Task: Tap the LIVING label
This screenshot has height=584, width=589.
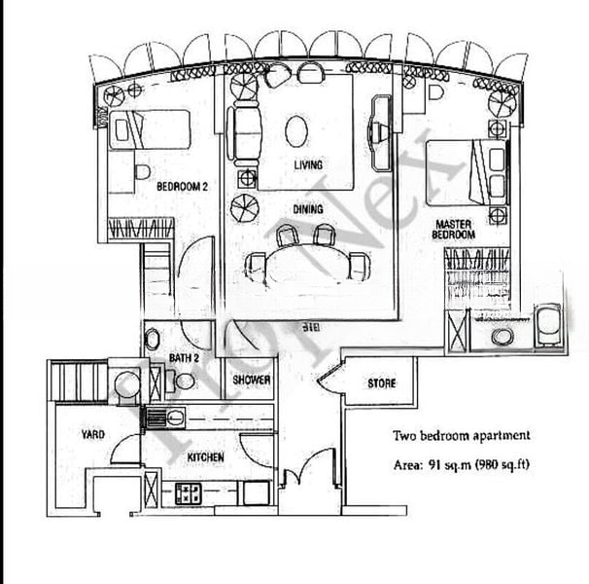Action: click(x=308, y=165)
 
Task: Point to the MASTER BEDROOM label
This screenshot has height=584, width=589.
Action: click(x=454, y=230)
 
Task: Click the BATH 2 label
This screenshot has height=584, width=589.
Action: click(x=184, y=359)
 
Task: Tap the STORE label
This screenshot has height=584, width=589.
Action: click(x=381, y=383)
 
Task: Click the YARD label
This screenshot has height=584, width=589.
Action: click(x=94, y=435)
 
